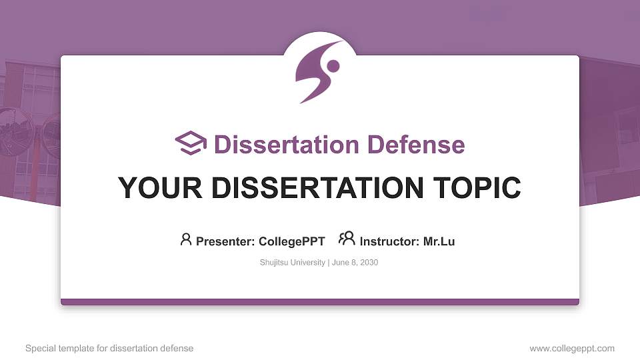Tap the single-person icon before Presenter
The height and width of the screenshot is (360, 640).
[186, 239]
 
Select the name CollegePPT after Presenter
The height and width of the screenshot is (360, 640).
[291, 241]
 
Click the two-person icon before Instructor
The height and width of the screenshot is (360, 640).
[347, 239]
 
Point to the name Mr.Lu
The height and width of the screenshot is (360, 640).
[439, 241]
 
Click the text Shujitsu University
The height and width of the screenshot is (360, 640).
[292, 263]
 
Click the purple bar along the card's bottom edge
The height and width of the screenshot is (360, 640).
[320, 302]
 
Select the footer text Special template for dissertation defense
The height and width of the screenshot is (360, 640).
[109, 348]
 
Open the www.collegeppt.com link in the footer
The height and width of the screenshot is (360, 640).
[572, 348]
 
